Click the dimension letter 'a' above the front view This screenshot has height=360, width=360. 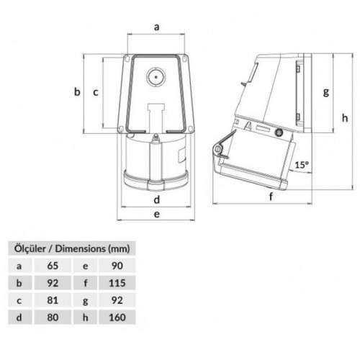[156, 27]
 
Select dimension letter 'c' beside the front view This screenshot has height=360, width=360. [95, 91]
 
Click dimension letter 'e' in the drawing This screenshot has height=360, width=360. [156, 214]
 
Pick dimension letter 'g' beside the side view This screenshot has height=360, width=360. [326, 91]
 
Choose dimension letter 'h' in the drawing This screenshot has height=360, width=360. [345, 117]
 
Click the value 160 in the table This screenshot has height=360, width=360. [116, 315]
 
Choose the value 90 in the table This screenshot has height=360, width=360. [116, 266]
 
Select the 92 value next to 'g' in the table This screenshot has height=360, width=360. [116, 299]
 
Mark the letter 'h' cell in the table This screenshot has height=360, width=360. [85, 315]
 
